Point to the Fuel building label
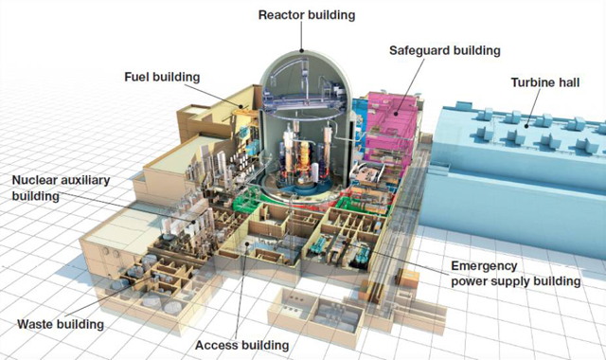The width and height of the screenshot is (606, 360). (163, 76)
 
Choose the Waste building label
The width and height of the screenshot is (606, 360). (61, 324)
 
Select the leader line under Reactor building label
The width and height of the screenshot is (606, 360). (301, 36)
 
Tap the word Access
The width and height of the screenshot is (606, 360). (214, 344)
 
